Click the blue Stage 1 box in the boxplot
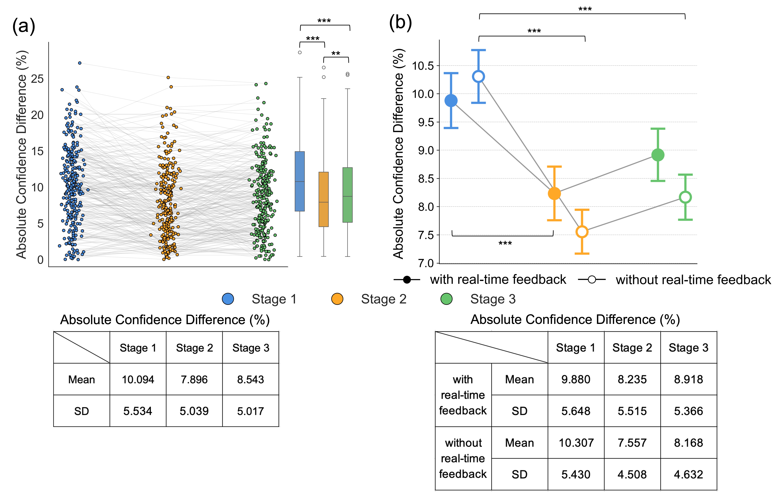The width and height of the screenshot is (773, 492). pyautogui.click(x=300, y=181)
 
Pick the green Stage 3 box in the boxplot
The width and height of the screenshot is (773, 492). pyautogui.click(x=348, y=195)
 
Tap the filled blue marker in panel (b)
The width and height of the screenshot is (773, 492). pyautogui.click(x=451, y=101)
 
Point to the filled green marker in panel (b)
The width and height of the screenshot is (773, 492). pyautogui.click(x=658, y=155)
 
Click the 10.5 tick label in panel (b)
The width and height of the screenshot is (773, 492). pyautogui.click(x=423, y=66)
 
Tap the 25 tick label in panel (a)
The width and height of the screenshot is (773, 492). pyautogui.click(x=37, y=79)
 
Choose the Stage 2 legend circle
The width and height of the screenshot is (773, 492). pyautogui.click(x=337, y=299)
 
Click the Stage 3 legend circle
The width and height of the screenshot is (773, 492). pyautogui.click(x=447, y=299)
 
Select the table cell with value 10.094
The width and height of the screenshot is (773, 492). pyautogui.click(x=138, y=379)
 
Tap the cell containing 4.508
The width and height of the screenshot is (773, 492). pyautogui.click(x=632, y=474)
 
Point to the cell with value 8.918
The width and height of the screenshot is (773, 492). pyautogui.click(x=689, y=379)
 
